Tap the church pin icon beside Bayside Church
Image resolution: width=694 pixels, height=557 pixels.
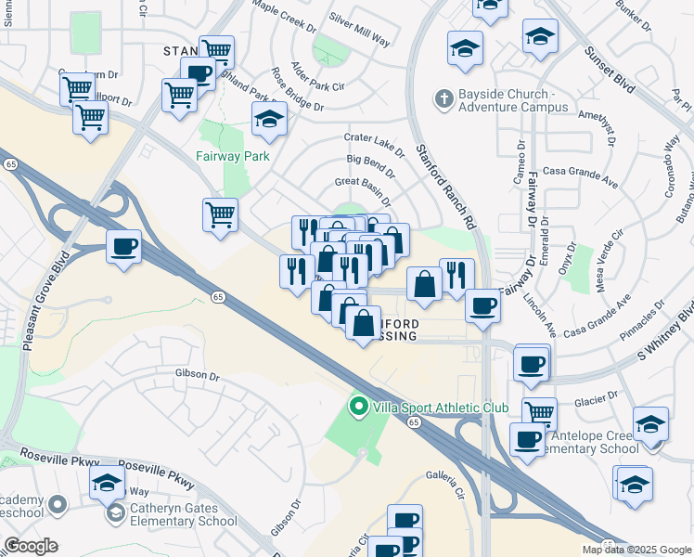pos(444,97)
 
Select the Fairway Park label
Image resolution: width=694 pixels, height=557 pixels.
pos(232,156)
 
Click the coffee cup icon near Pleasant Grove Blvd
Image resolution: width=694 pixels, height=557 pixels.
pos(123,247)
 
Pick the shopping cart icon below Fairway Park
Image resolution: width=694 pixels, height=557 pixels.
pos(221,214)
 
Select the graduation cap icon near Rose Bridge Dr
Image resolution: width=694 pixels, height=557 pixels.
pos(269,119)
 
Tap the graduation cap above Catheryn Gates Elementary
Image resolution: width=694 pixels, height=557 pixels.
pos(108,483)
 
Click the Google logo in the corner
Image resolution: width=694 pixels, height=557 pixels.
pos(31,545)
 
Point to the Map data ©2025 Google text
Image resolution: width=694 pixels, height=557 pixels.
pos(637,550)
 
